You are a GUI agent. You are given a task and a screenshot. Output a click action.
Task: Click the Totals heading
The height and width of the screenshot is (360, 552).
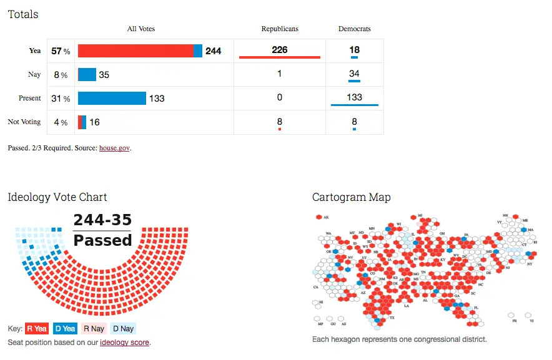coord(23,14)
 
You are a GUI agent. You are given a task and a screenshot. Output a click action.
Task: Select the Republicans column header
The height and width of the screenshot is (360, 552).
coord(280,29)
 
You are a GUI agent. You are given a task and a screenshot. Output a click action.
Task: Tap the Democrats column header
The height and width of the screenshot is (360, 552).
coord(354,29)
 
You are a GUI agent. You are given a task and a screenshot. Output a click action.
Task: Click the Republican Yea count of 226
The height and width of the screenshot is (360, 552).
coord(280,50)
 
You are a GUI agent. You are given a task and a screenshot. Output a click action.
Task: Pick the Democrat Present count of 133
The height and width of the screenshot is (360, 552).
coord(354,97)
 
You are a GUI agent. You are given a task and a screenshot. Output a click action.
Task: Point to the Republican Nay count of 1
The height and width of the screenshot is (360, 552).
coord(280,74)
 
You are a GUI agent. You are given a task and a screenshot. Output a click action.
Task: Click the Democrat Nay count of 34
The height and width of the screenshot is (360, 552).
coord(354,74)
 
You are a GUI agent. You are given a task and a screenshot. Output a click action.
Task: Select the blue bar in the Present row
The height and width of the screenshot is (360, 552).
coord(112,98)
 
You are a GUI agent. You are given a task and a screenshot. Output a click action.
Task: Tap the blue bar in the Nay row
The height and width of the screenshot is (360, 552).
coord(87,75)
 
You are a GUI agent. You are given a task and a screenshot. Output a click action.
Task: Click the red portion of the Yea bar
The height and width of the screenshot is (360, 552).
coord(136,51)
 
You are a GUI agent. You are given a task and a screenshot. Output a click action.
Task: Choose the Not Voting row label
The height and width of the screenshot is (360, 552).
coord(24,122)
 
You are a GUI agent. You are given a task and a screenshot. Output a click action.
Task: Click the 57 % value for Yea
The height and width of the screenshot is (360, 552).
coord(61,51)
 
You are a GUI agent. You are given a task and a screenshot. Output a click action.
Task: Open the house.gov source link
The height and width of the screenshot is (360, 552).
coord(115,148)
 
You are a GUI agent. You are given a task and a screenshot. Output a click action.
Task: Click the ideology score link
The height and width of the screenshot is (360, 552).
coord(124,343)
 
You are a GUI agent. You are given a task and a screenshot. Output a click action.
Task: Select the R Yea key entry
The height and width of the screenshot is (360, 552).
coord(37,329)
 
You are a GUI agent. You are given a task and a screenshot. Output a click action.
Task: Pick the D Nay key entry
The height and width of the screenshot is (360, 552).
coord(123,329)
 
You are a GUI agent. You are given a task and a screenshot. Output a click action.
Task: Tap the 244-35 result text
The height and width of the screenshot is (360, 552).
coord(102,220)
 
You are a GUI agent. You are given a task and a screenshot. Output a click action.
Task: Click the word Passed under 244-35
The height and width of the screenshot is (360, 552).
coord(102,240)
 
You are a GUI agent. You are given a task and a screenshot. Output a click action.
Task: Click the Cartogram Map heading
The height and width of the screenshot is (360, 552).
coord(352,197)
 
